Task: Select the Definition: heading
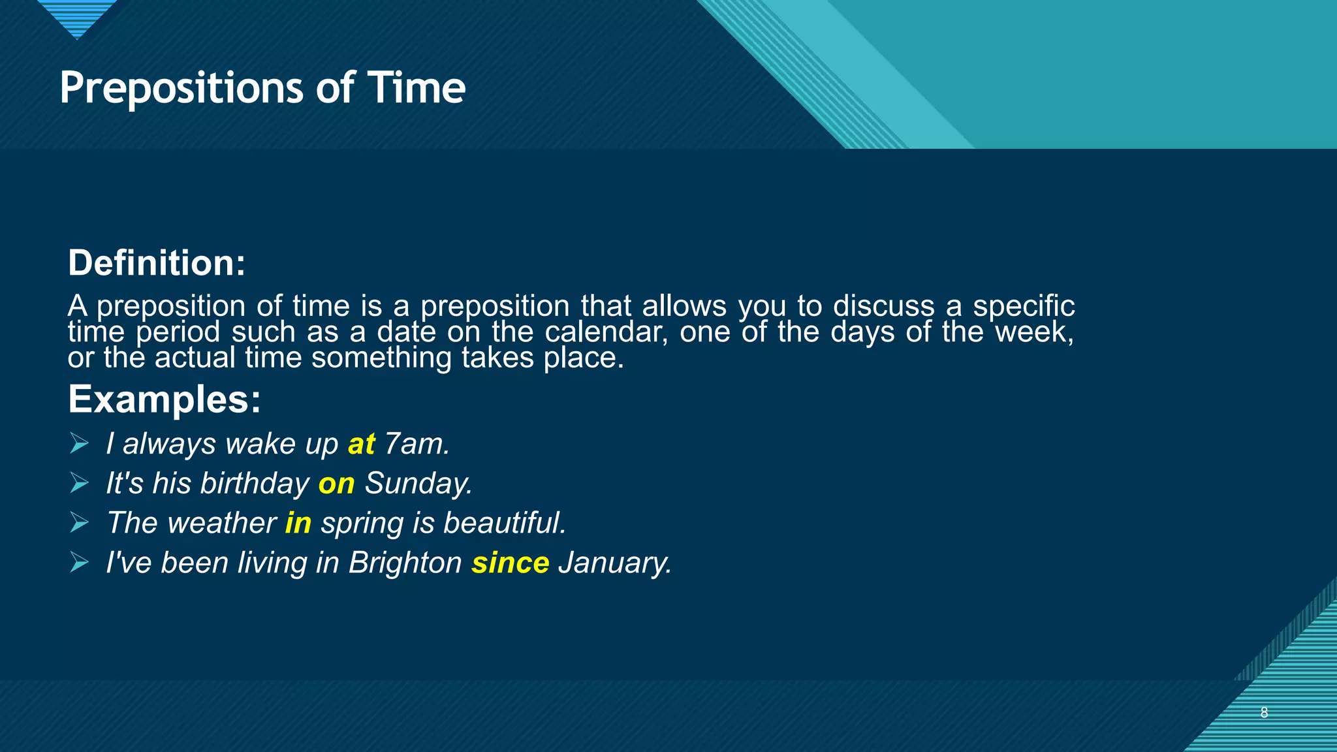coord(157,263)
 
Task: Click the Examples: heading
coord(165,399)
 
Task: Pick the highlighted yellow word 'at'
coord(362,445)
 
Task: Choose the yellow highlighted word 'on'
coord(336,484)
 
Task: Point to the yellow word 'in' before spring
coord(298,524)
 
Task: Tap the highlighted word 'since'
coord(511,563)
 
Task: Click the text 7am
coord(417,445)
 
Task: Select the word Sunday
coord(418,484)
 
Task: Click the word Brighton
coord(405,563)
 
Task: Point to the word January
coord(614,563)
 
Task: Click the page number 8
coord(1264,713)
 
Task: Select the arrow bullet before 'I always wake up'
coord(79,444)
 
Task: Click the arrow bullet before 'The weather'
coord(79,523)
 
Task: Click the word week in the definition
coord(1033,332)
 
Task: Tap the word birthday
coord(255,484)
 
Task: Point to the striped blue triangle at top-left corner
coord(77,16)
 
